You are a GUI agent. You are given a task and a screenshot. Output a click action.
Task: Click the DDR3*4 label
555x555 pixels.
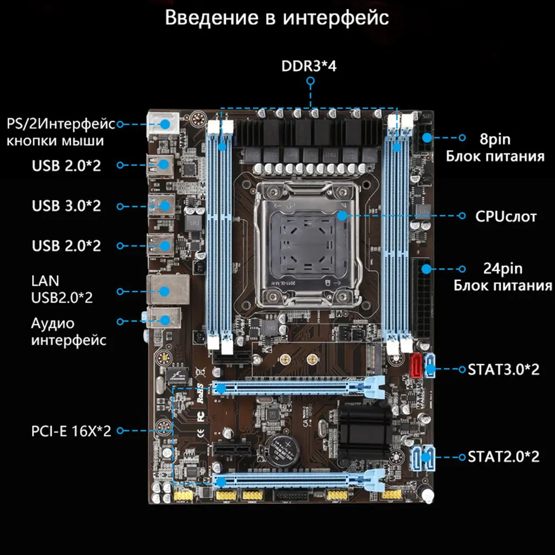pyautogui.click(x=309, y=66)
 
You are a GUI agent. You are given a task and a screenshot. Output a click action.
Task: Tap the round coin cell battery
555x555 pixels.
pyautogui.click(x=285, y=448)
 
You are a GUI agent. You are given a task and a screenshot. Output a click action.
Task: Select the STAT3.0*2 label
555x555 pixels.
pyautogui.click(x=503, y=369)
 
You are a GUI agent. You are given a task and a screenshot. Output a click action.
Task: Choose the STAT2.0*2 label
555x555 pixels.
pyautogui.click(x=503, y=457)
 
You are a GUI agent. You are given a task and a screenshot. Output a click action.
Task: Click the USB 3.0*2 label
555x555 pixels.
pyautogui.click(x=66, y=206)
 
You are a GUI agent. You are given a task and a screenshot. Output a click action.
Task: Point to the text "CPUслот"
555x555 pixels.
pyautogui.click(x=506, y=215)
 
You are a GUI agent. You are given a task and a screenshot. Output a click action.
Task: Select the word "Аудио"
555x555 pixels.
pyautogui.click(x=53, y=323)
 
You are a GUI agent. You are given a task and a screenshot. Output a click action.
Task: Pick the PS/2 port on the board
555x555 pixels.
pyautogui.click(x=163, y=124)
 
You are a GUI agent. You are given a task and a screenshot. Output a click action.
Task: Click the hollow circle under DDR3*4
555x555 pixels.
pyautogui.click(x=310, y=81)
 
